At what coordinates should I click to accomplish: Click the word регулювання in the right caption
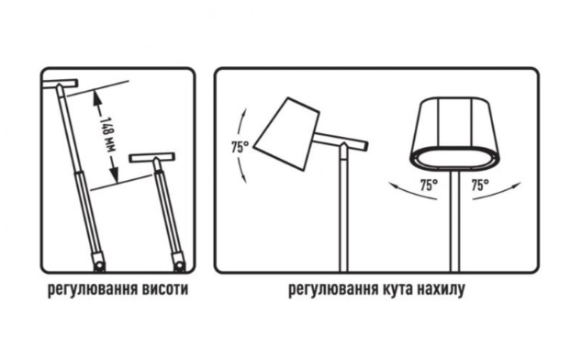pyautogui.click(x=330, y=291)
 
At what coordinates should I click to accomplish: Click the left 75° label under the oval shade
pyautogui.click(x=427, y=185)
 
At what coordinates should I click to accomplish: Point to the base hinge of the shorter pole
pyautogui.click(x=179, y=265)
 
